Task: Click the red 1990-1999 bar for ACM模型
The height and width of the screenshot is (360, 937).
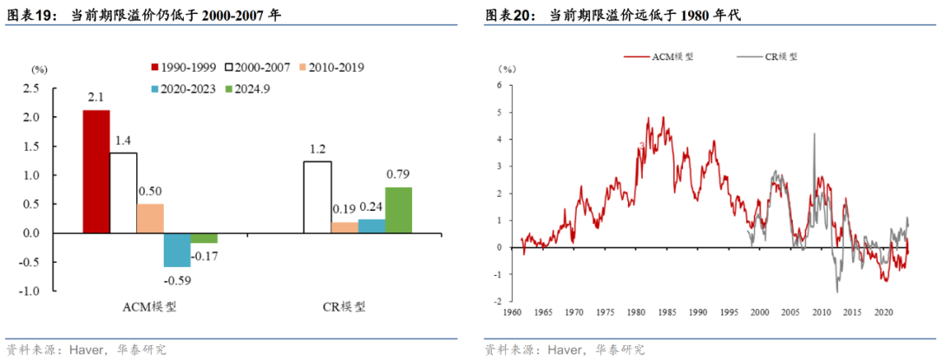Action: point(96,172)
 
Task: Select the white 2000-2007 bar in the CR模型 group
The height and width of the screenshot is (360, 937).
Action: point(317,197)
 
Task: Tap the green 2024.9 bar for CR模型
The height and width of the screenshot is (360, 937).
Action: point(398,210)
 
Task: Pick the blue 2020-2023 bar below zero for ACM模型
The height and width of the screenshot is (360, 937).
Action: point(177,250)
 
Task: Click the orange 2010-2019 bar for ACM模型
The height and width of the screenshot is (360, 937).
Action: point(150,218)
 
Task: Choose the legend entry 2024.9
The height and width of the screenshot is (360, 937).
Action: point(246,88)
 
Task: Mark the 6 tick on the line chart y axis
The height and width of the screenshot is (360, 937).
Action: point(500,85)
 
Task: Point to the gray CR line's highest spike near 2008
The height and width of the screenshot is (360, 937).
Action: point(814,134)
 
